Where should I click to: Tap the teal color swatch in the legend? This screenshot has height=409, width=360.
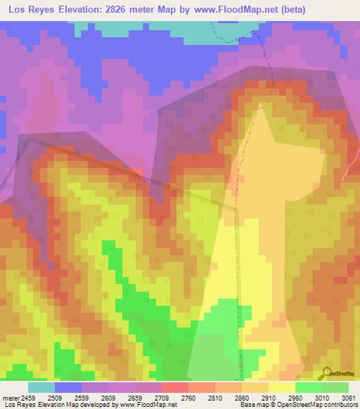[41, 387]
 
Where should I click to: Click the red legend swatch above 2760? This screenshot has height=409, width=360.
[174, 387]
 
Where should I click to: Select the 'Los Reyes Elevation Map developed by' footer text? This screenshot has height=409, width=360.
[52, 405]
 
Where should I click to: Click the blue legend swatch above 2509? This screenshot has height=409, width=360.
[67, 387]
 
